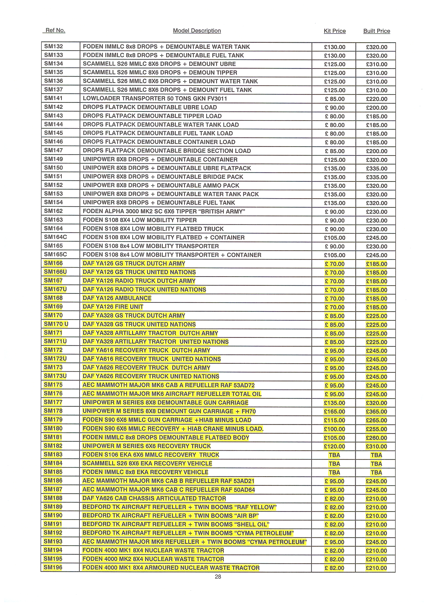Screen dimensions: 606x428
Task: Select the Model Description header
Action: pos(197,31)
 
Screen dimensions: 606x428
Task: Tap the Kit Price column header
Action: pos(335,31)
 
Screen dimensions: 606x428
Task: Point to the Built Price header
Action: pos(377,31)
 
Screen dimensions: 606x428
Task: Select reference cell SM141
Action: pos(54,98)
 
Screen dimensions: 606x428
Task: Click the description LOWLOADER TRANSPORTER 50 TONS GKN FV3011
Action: pos(155,99)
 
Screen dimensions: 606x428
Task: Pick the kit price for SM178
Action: pos(334,411)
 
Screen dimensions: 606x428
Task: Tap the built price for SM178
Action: pos(376,411)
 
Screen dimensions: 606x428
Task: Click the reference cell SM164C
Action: pos(56,237)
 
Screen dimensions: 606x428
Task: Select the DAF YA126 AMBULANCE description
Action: pos(117,298)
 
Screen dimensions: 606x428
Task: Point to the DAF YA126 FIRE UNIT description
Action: pos(113,307)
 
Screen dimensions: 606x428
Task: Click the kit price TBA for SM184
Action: pos(334,464)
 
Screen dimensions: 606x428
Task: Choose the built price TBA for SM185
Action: pos(376,473)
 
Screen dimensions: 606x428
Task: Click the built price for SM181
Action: pos(376,438)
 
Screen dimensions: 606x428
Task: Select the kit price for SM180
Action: pos(334,429)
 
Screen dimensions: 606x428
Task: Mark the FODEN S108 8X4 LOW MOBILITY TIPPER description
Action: pos(140,220)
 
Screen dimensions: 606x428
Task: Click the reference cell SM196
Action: pos(53,567)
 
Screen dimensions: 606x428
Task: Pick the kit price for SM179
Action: pos(334,420)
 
